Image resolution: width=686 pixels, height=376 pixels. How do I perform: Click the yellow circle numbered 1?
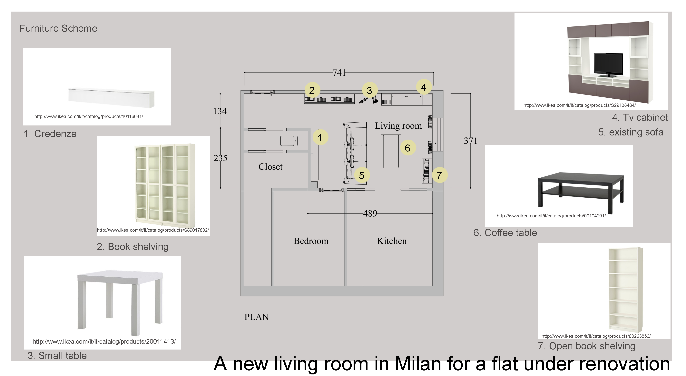[320, 137]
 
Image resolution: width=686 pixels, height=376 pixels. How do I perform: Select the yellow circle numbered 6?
[408, 148]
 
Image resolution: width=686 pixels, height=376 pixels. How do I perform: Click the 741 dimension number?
[339, 73]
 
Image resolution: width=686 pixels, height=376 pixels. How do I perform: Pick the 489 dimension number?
[370, 213]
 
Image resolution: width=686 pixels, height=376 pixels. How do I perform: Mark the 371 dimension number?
[471, 141]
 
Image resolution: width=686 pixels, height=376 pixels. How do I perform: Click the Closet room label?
[270, 167]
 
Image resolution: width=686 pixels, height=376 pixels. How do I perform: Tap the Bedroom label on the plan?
[311, 241]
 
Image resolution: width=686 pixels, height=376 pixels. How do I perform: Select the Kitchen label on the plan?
[392, 241]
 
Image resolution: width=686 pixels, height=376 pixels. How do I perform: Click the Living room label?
[398, 126]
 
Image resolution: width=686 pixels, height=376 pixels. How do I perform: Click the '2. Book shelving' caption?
[133, 247]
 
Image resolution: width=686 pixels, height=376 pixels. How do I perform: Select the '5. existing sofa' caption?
[631, 132]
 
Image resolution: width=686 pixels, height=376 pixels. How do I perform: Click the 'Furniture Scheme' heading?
[58, 28]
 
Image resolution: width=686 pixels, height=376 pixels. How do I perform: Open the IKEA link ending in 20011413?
[104, 341]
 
